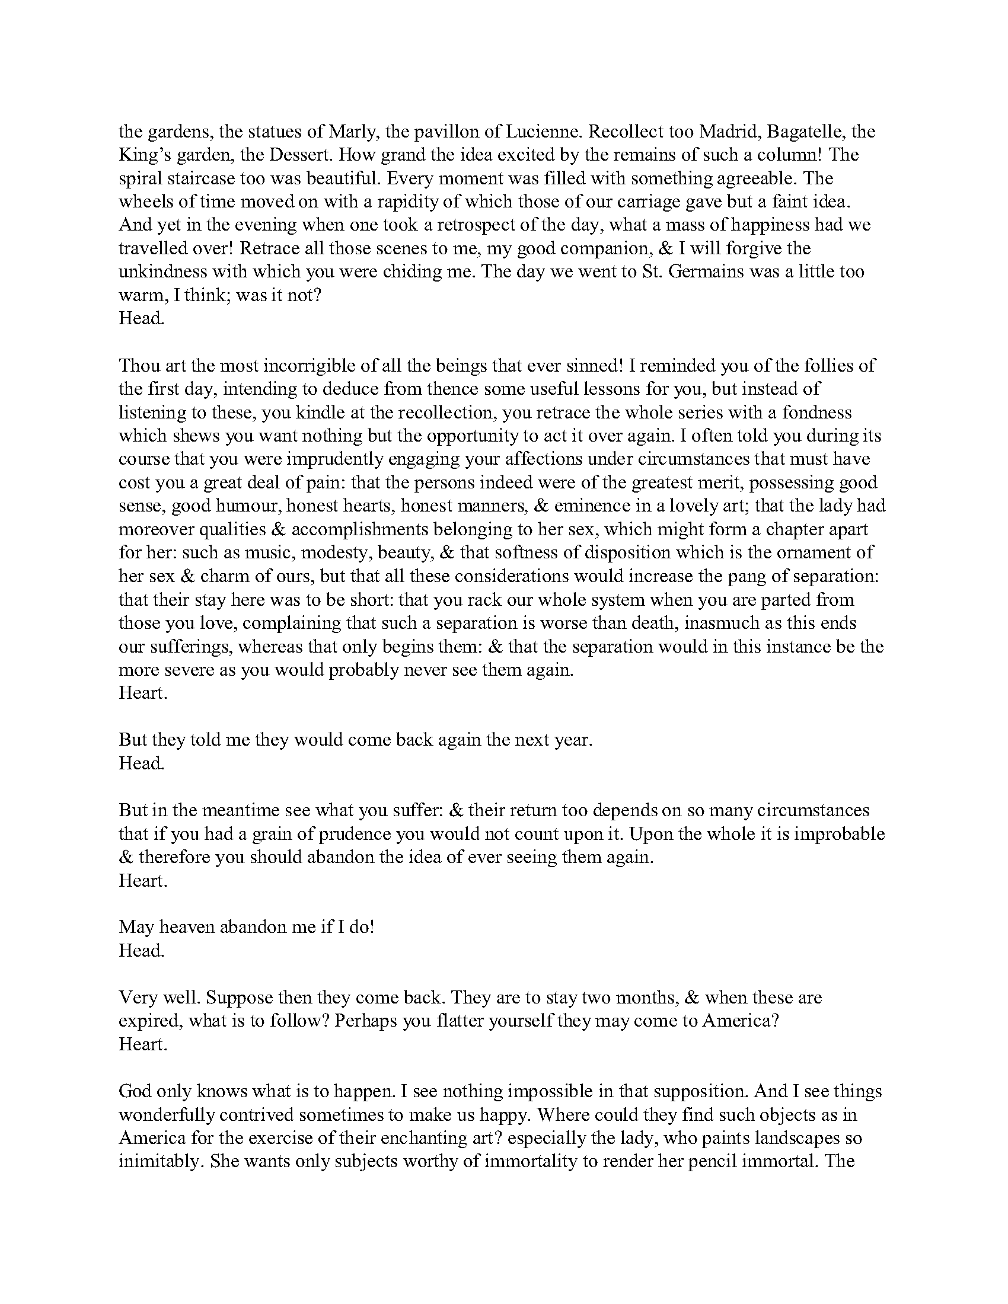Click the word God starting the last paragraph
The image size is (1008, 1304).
(135, 1091)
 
